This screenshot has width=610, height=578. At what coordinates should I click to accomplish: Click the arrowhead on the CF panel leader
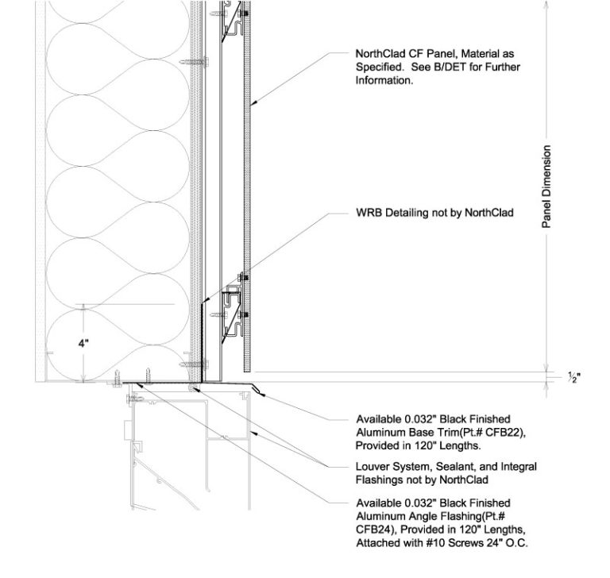coord(249,105)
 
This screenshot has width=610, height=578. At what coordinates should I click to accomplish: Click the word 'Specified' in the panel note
coord(378,67)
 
